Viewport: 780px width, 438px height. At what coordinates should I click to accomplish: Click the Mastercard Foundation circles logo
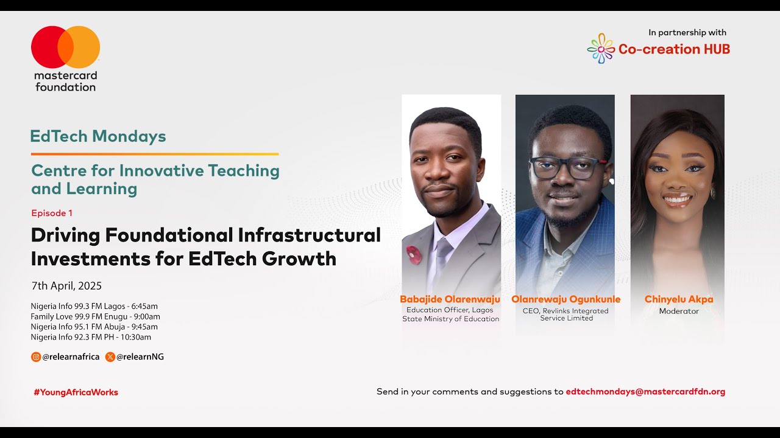[65, 47]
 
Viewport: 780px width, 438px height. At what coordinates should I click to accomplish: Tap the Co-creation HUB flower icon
[601, 49]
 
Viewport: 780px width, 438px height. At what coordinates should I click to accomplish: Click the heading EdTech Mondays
[98, 136]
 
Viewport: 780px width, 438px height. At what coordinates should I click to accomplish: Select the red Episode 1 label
[52, 213]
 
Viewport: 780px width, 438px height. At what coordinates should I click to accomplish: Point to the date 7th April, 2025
[66, 286]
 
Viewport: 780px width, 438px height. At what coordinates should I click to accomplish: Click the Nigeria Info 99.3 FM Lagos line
[94, 306]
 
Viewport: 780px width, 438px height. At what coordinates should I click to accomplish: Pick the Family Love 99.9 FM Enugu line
[95, 316]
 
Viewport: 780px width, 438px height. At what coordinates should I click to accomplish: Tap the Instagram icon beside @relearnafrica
[36, 357]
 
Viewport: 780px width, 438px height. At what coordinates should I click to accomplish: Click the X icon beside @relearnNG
[110, 357]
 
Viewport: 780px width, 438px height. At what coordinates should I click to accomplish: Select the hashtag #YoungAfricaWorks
[76, 392]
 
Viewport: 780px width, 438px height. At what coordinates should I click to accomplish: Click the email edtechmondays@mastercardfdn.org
[645, 392]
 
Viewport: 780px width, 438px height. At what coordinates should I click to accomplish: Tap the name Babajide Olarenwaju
[450, 299]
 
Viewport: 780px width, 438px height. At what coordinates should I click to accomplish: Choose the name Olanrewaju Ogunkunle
[565, 299]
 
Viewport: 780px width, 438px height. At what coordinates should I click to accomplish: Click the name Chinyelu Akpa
[679, 299]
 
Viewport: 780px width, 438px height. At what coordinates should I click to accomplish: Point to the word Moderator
[679, 311]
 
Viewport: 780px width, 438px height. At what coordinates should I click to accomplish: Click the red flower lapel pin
[414, 255]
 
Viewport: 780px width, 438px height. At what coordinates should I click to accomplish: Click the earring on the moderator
[713, 193]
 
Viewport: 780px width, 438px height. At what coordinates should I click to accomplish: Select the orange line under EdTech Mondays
[155, 154]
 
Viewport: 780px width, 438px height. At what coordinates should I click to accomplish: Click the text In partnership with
[687, 33]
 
